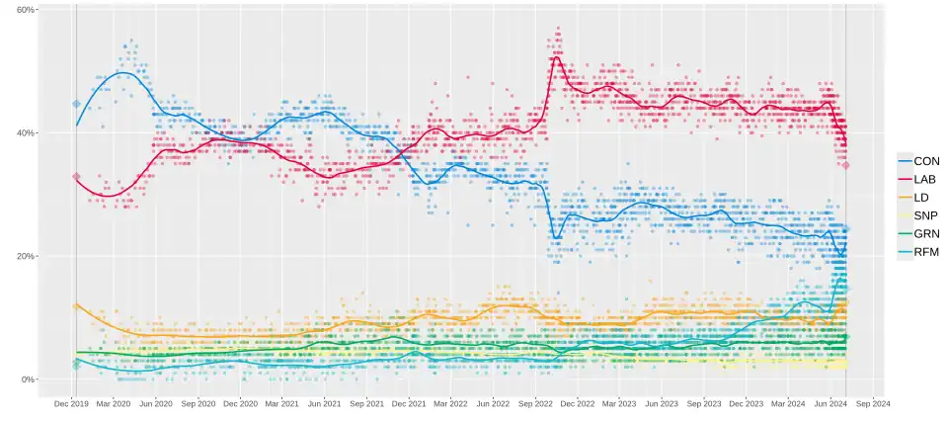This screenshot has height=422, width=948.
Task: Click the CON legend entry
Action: click(918, 160)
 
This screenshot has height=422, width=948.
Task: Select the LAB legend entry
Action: click(918, 179)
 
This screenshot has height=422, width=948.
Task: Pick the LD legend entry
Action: click(918, 198)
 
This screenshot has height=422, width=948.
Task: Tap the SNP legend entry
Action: click(918, 215)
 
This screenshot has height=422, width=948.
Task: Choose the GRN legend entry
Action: click(918, 234)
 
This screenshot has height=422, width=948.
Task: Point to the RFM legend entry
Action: click(918, 252)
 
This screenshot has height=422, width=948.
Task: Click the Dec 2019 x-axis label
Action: click(72, 403)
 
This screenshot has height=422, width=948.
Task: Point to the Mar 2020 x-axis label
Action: click(115, 403)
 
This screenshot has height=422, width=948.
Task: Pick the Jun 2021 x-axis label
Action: click(325, 403)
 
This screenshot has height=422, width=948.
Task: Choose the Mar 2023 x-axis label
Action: click(619, 403)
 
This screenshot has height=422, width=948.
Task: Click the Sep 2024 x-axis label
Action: click(873, 403)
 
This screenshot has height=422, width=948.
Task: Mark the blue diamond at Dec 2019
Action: click(76, 104)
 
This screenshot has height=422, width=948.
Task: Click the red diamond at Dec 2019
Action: click(76, 177)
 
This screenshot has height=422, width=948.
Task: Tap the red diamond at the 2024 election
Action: click(846, 165)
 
